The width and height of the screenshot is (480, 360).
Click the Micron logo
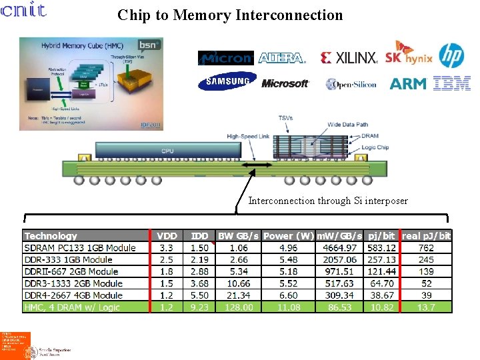click(x=226, y=58)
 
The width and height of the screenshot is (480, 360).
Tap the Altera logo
click(x=281, y=58)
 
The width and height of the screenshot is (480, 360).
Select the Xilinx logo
click(x=349, y=58)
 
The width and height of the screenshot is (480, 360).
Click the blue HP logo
click(x=451, y=55)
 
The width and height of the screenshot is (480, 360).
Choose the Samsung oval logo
click(x=227, y=81)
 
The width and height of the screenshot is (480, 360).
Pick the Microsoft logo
click(x=285, y=83)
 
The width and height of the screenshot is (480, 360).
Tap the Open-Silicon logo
click(x=351, y=84)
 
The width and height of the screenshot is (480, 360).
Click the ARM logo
click(x=408, y=83)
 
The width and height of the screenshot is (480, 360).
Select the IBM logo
click(x=452, y=83)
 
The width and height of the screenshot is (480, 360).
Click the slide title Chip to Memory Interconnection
click(x=230, y=15)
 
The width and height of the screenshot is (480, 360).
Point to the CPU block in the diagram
click(x=167, y=151)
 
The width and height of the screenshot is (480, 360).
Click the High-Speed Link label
click(x=247, y=137)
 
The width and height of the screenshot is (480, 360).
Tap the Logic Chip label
click(x=375, y=147)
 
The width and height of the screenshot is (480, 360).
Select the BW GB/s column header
click(x=239, y=236)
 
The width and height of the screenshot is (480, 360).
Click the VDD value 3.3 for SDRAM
click(x=167, y=248)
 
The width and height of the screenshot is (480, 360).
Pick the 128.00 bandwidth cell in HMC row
click(x=239, y=307)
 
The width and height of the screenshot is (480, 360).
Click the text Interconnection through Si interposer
click(x=328, y=201)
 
